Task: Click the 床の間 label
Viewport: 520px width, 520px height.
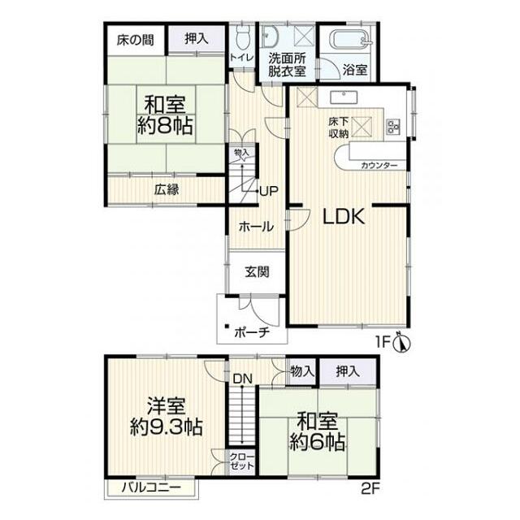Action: click(x=136, y=40)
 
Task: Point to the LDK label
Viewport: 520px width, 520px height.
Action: click(x=344, y=217)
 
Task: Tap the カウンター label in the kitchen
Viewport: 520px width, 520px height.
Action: click(x=379, y=165)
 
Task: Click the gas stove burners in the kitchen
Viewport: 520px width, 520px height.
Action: click(x=393, y=127)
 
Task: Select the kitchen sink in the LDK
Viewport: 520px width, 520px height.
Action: click(x=344, y=97)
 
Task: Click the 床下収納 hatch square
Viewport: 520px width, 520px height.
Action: click(x=362, y=127)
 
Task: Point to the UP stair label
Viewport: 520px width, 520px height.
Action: click(x=269, y=191)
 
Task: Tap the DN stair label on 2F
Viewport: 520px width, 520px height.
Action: click(x=242, y=379)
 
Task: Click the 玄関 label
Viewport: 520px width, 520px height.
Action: click(x=257, y=272)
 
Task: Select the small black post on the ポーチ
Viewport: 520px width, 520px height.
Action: click(x=227, y=326)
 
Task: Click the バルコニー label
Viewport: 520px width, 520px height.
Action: click(x=151, y=487)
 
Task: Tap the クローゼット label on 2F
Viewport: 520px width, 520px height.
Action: click(x=242, y=461)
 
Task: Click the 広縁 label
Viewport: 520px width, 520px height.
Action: click(x=167, y=189)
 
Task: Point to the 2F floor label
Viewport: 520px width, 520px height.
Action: click(x=370, y=489)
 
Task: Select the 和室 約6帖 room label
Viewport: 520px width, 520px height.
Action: click(x=318, y=431)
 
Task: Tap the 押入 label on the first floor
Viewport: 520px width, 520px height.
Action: click(x=197, y=39)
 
